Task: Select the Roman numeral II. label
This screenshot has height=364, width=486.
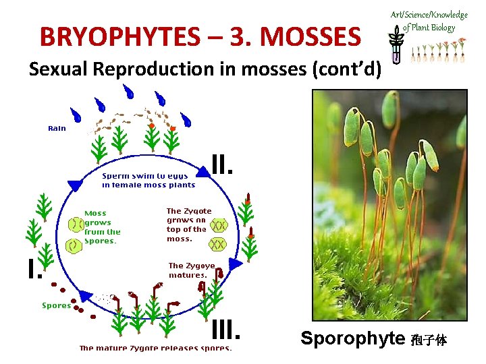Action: pyautogui.click(x=222, y=164)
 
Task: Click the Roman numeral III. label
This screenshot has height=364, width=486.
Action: pyautogui.click(x=225, y=330)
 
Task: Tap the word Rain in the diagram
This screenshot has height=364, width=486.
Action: pyautogui.click(x=57, y=128)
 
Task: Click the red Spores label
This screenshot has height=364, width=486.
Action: pyautogui.click(x=56, y=305)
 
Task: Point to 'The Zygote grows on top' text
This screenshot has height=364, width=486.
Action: pyautogui.click(x=189, y=224)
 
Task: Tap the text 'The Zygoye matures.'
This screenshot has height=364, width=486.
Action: pyautogui.click(x=191, y=270)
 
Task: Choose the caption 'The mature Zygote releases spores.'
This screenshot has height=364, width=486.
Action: pyautogui.click(x=155, y=348)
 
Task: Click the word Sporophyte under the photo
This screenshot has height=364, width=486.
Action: pyautogui.click(x=352, y=338)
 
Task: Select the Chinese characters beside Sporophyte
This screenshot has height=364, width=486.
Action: pyautogui.click(x=429, y=340)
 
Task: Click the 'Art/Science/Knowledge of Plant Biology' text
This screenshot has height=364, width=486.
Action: pyautogui.click(x=429, y=21)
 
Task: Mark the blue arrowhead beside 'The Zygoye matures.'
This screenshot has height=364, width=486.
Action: pyautogui.click(x=234, y=264)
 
